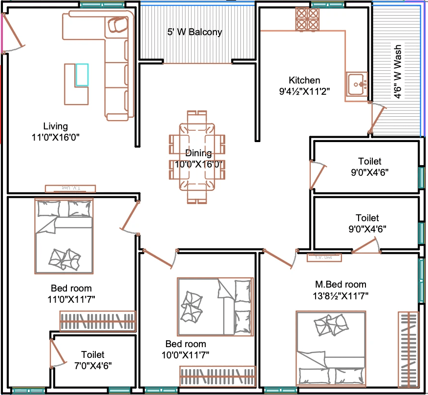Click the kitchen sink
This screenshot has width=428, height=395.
[357, 84]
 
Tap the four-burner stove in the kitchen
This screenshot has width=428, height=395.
[307, 19]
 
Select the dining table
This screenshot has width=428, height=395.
[197, 157]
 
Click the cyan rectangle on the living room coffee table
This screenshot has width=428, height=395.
[82, 75]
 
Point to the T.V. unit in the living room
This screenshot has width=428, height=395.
[70, 188]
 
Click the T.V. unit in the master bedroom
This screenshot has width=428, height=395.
[324, 257]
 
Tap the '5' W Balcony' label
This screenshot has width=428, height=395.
[194, 32]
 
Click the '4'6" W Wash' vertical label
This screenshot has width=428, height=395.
[397, 71]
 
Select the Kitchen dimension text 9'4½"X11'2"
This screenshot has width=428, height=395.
[304, 91]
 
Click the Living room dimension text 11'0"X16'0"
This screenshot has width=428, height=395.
[55, 137]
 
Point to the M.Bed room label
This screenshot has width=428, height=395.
[341, 284]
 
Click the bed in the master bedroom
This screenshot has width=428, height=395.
[331, 348]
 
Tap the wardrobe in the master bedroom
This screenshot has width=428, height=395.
[408, 349]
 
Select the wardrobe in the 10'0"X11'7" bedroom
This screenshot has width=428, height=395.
[217, 376]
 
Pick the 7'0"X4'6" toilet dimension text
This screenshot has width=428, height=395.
[93, 366]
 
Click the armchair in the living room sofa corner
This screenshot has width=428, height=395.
[118, 24]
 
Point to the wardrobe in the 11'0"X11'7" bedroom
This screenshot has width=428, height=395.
[98, 321]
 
